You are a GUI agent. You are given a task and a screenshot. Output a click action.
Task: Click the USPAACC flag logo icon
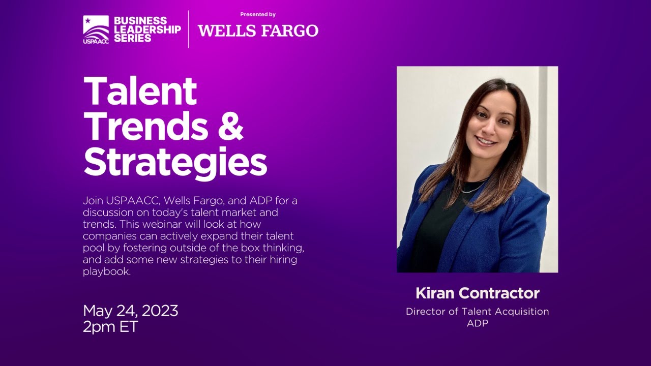(96, 27)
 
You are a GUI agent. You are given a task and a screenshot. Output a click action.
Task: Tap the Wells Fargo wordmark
(258, 31)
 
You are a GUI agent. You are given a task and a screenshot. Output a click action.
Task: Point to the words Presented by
(258, 15)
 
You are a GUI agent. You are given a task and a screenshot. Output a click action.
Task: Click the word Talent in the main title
(140, 91)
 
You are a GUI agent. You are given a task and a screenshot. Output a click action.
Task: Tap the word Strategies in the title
(175, 162)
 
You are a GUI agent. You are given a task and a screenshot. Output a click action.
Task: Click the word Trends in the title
(145, 127)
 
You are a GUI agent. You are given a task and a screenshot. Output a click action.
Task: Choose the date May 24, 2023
(130, 311)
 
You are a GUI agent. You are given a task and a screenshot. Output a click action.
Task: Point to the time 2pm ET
(110, 326)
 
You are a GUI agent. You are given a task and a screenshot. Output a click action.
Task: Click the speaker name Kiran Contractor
(477, 293)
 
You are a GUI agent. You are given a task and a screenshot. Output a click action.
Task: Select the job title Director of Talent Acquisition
(477, 312)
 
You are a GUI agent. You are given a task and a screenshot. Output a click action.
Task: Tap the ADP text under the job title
(477, 323)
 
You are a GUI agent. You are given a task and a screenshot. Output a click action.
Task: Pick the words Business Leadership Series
(147, 29)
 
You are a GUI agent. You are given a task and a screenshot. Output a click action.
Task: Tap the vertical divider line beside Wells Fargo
(189, 29)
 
